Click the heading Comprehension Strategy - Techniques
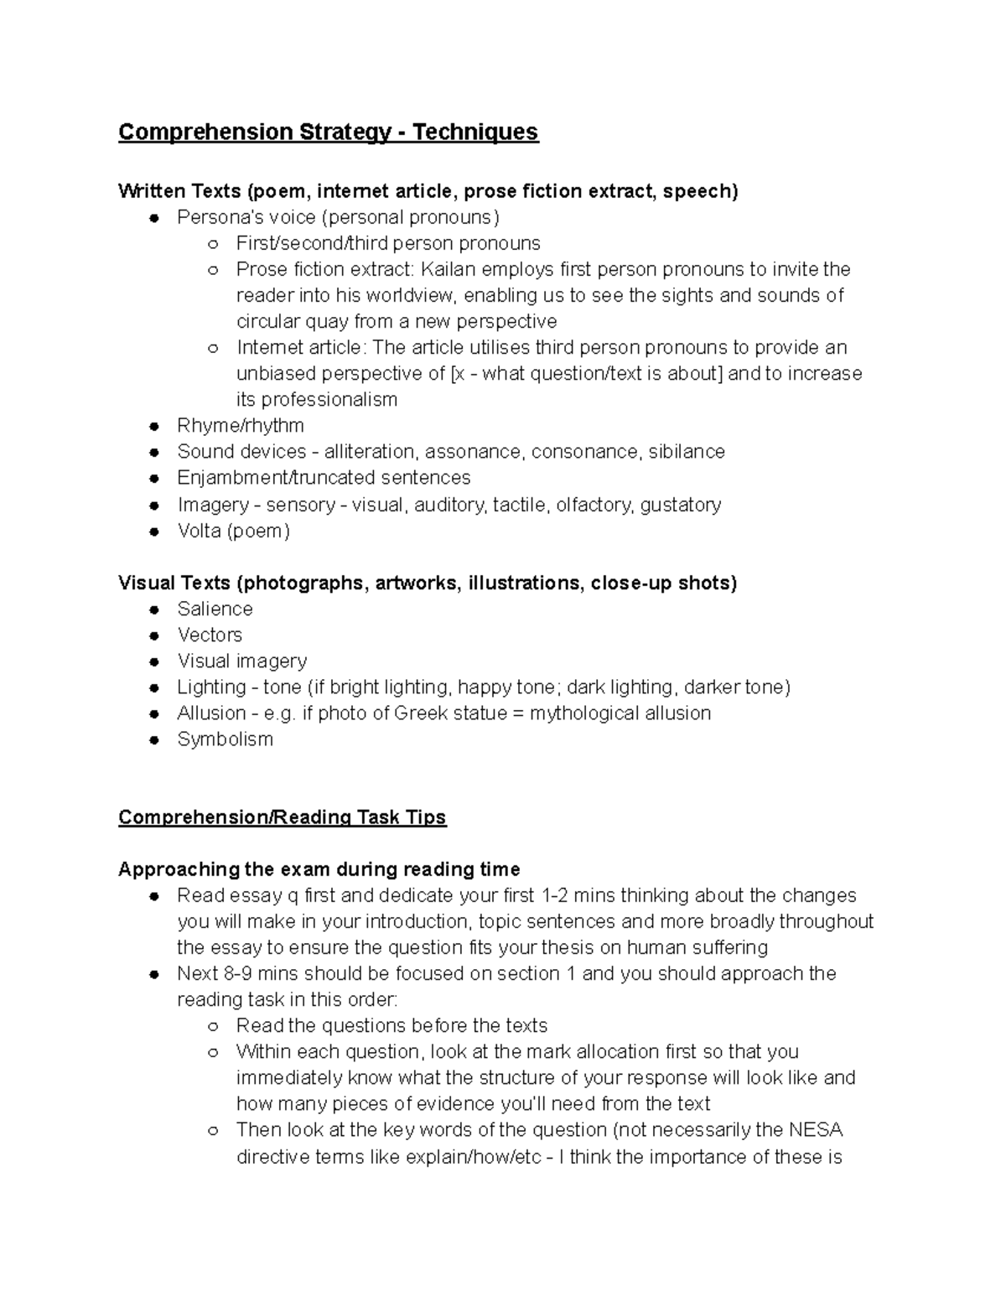pyautogui.click(x=328, y=132)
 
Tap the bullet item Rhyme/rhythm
pyautogui.click(x=240, y=426)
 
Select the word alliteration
pyautogui.click(x=369, y=452)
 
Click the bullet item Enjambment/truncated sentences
pyautogui.click(x=324, y=478)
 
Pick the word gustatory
pyautogui.click(x=680, y=505)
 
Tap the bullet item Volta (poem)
pyautogui.click(x=233, y=531)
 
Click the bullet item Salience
pyautogui.click(x=215, y=609)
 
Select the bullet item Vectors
pyautogui.click(x=210, y=635)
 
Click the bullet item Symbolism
pyautogui.click(x=225, y=739)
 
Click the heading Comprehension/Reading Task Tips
pyautogui.click(x=282, y=817)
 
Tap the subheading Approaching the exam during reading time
pyautogui.click(x=319, y=869)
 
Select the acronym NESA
pyautogui.click(x=815, y=1130)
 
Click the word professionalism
pyautogui.click(x=316, y=400)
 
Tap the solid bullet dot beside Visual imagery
pyautogui.click(x=154, y=661)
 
